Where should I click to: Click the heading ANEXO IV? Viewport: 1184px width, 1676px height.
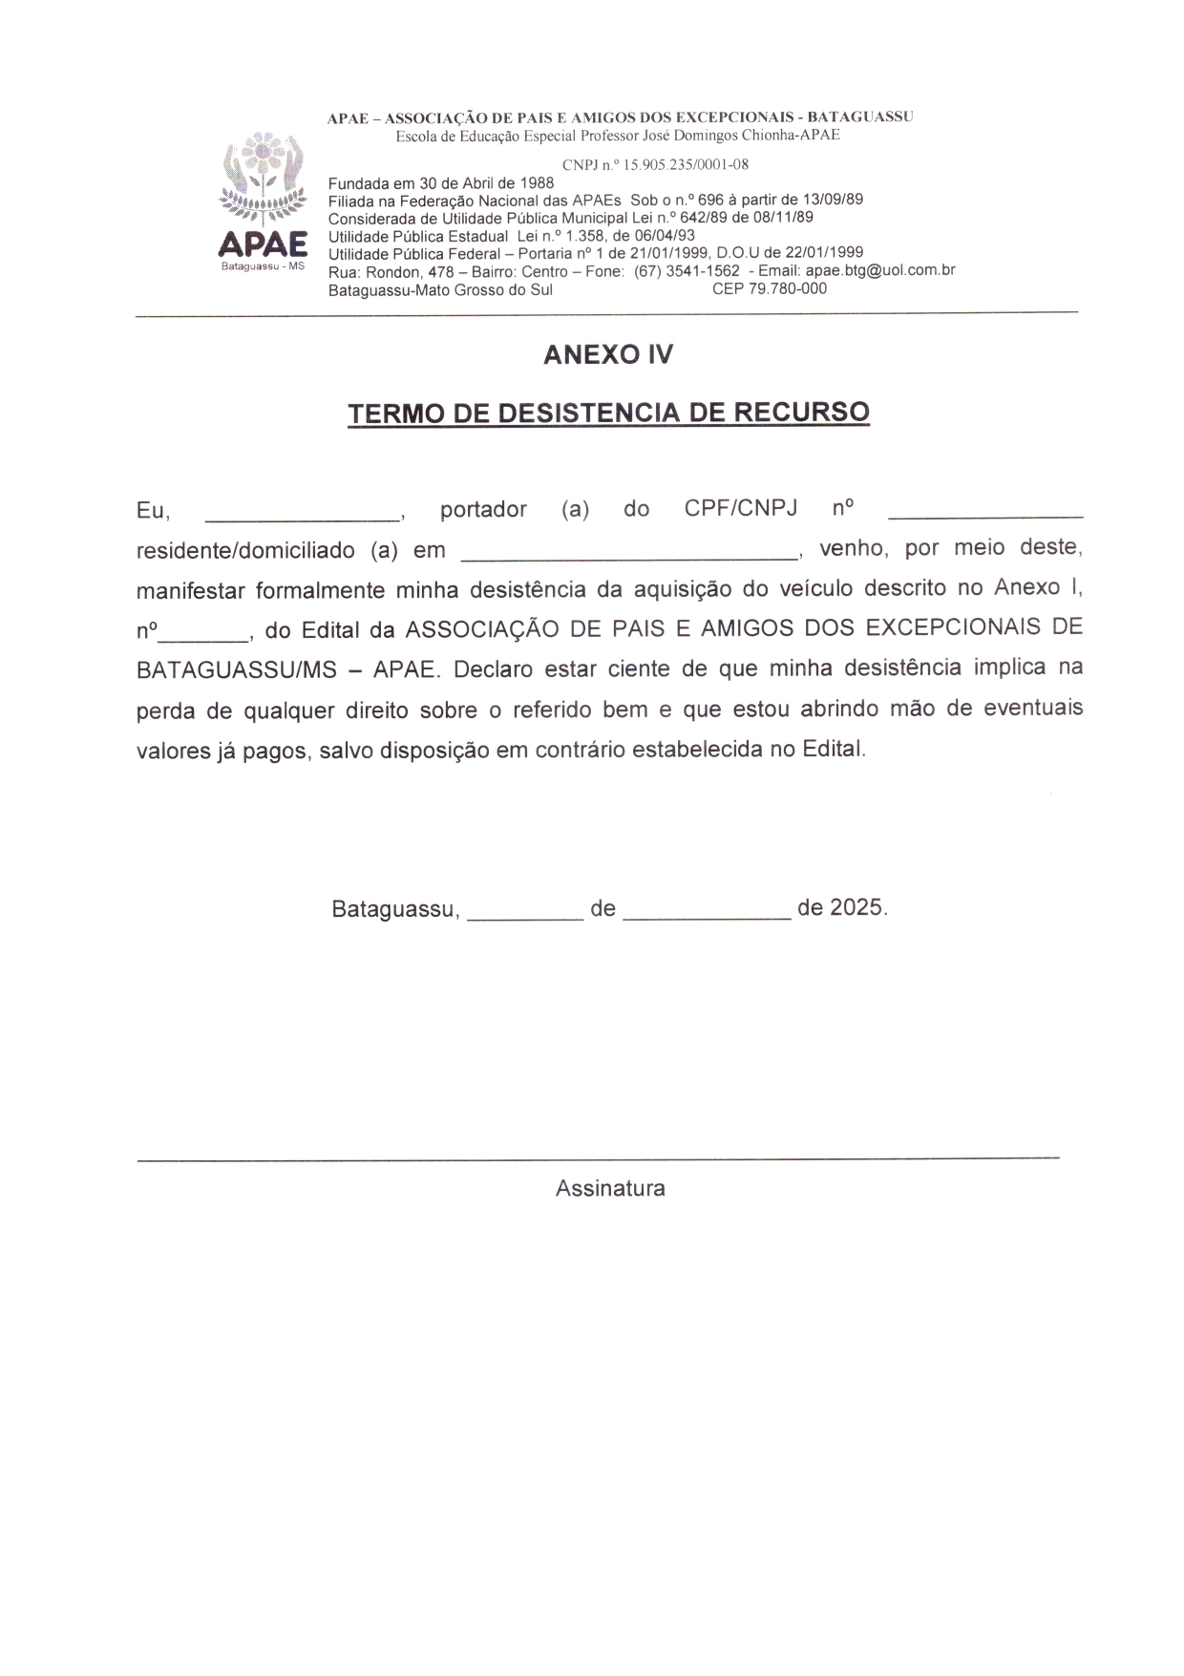[608, 355]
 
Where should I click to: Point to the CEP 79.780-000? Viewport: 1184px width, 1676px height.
[770, 288]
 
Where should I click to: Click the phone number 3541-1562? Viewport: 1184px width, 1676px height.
[708, 271]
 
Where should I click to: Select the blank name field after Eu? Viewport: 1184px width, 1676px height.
[303, 516]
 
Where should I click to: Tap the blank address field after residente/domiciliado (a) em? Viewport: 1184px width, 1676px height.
[629, 554]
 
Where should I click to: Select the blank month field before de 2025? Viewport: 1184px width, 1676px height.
[707, 915]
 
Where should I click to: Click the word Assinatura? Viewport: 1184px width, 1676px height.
[610, 1189]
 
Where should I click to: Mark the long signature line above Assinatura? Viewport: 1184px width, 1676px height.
[599, 1158]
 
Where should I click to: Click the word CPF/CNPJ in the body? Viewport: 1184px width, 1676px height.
[740, 508]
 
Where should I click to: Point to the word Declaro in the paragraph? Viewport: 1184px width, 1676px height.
[493, 669]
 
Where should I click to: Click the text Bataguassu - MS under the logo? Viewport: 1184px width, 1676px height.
[263, 266]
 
